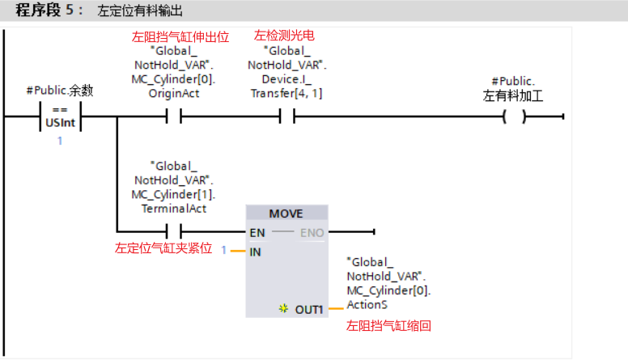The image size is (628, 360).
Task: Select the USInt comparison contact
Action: (60, 116)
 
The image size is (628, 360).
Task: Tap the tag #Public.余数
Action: (59, 91)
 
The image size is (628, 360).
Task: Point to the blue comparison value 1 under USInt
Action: (59, 141)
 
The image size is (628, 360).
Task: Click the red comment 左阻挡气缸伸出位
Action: (180, 36)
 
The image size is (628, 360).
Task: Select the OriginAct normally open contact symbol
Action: (173, 116)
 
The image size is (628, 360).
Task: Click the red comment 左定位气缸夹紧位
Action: (163, 248)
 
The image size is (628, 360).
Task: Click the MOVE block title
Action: (287, 214)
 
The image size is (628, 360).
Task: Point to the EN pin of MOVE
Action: (257, 233)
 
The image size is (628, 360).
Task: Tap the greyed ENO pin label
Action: (312, 233)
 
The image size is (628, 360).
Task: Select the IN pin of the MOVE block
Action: (256, 251)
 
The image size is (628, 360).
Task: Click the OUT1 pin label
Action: (309, 309)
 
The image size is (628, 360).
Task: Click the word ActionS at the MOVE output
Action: (367, 304)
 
